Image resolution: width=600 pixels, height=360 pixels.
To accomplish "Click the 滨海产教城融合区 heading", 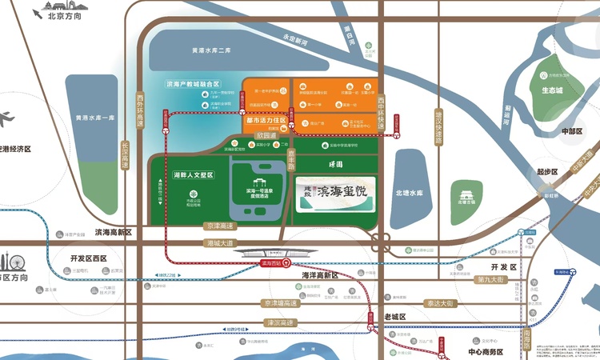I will click(193, 83).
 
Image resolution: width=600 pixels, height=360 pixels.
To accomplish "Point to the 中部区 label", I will click(573, 131).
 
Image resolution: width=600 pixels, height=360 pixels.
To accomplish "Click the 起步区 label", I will click(548, 171).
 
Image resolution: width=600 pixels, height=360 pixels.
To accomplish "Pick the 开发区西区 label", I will click(88, 258).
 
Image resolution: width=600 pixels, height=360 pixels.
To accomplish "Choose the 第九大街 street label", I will click(489, 279).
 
